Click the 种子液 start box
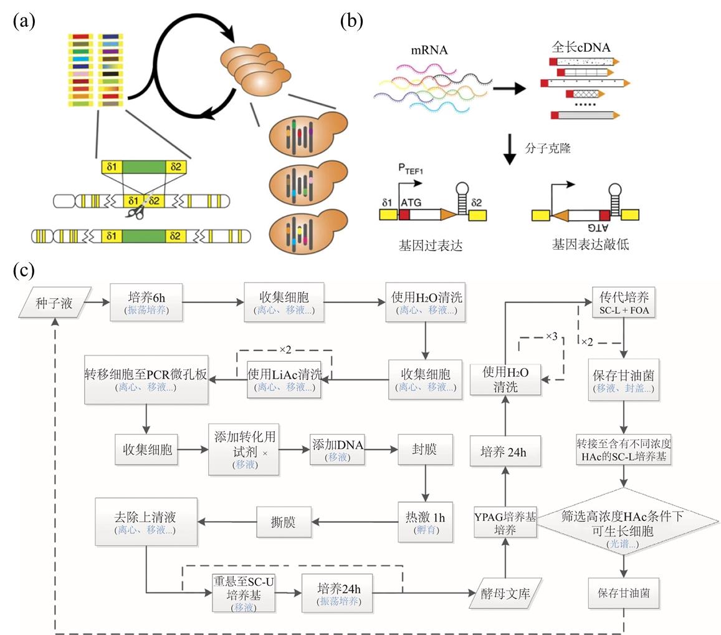coord(54,304)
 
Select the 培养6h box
coord(146,303)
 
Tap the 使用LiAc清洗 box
coord(284,379)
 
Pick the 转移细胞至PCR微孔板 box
coord(146,379)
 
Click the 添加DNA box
coord(337,449)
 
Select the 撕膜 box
coord(284,521)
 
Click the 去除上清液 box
coord(146,521)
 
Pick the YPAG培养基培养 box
coord(504,521)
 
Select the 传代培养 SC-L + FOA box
coord(623,303)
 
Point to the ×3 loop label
coord(551,337)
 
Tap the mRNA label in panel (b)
coord(429,51)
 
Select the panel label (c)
coord(24,270)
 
